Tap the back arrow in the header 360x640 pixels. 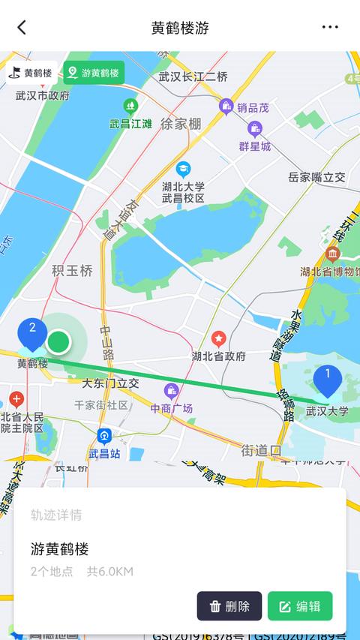click(22, 28)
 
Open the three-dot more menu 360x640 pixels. click(330, 28)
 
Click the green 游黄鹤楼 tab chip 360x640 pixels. click(94, 73)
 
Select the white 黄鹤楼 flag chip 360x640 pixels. click(31, 73)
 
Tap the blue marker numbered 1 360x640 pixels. click(327, 379)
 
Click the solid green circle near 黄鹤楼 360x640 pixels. click(58, 342)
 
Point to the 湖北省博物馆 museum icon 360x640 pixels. click(332, 254)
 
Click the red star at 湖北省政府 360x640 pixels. click(218, 339)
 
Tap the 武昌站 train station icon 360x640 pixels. click(103, 436)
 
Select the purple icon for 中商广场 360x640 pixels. click(171, 391)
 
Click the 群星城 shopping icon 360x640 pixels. click(255, 128)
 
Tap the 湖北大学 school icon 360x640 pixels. click(183, 169)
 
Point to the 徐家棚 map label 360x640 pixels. click(181, 124)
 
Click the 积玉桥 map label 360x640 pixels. click(73, 271)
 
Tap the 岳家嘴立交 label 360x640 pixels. click(316, 177)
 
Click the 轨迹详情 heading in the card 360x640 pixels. click(56, 515)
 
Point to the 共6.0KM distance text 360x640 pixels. click(109, 572)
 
